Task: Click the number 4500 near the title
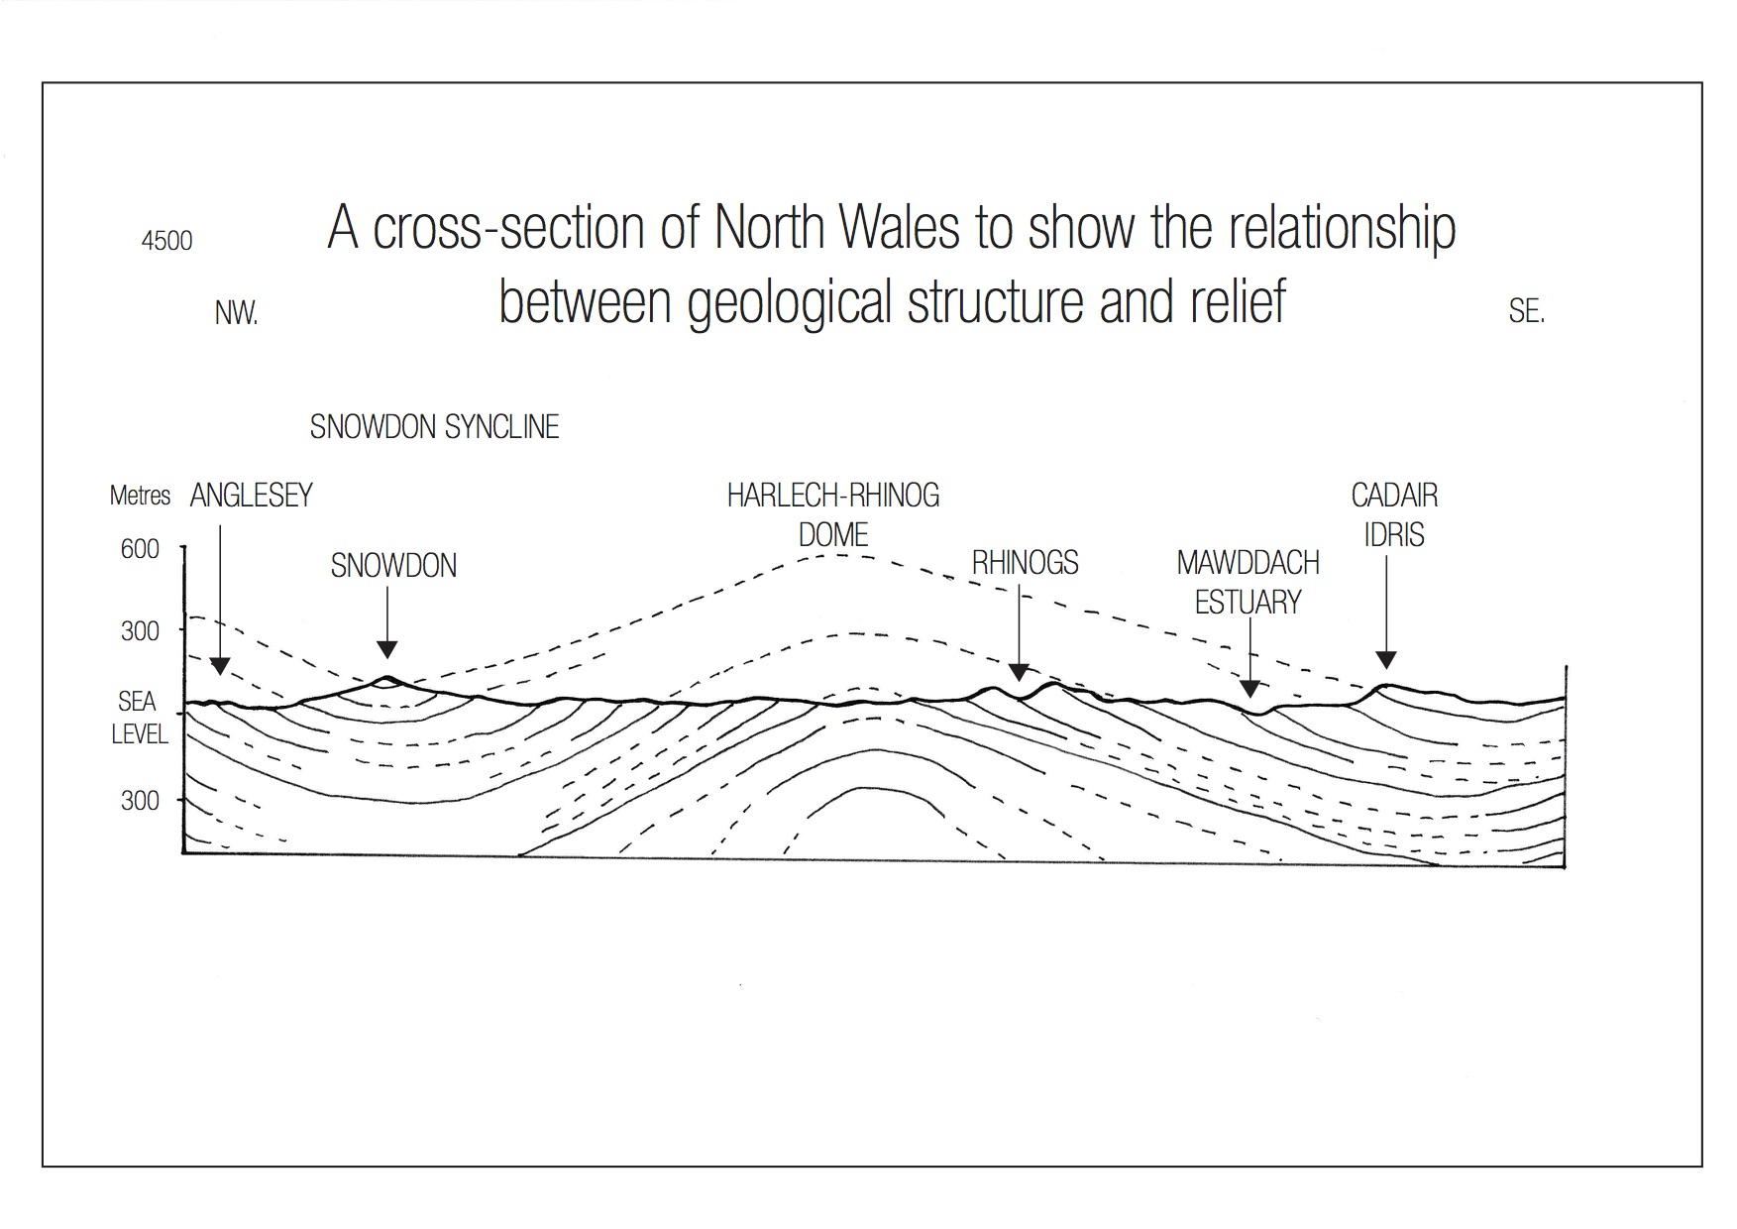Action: tap(166, 241)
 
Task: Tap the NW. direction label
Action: tap(236, 314)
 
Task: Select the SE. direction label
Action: tap(1526, 312)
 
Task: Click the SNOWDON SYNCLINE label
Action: tap(434, 427)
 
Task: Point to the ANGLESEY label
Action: tap(251, 496)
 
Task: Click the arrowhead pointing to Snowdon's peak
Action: tap(387, 650)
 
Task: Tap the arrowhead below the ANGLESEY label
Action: tap(220, 666)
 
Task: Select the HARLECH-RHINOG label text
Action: tap(832, 496)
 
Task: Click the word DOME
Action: tap(832, 535)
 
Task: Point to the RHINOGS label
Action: tap(1025, 563)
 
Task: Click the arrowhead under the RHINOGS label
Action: tap(1019, 673)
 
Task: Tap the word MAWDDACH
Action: tap(1248, 563)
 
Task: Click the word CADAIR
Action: tap(1394, 496)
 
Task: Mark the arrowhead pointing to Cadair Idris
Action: tap(1386, 660)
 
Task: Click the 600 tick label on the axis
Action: tap(140, 549)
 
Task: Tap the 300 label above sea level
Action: tap(140, 631)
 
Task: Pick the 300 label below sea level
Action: tap(140, 801)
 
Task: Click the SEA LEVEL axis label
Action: tap(138, 718)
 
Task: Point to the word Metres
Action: tap(140, 496)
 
